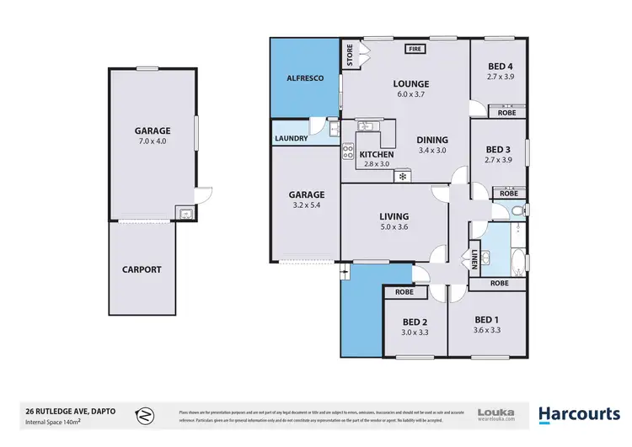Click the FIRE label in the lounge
pyautogui.click(x=414, y=49)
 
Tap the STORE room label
pyautogui.click(x=350, y=55)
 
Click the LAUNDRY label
pyautogui.click(x=288, y=139)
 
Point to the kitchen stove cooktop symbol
pyautogui.click(x=347, y=152)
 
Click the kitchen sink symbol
pyautogui.click(x=368, y=127)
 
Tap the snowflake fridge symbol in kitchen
pyautogui.click(x=403, y=176)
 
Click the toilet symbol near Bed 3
pyautogui.click(x=523, y=210)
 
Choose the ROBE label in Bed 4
pyautogui.click(x=506, y=112)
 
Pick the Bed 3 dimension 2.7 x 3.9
pyautogui.click(x=499, y=160)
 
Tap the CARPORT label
pyautogui.click(x=142, y=270)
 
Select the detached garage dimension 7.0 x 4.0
pyautogui.click(x=153, y=142)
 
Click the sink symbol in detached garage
pyautogui.click(x=183, y=214)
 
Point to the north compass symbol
pyautogui.click(x=145, y=414)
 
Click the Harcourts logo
pyautogui.click(x=581, y=414)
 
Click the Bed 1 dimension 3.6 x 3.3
pyautogui.click(x=490, y=331)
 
